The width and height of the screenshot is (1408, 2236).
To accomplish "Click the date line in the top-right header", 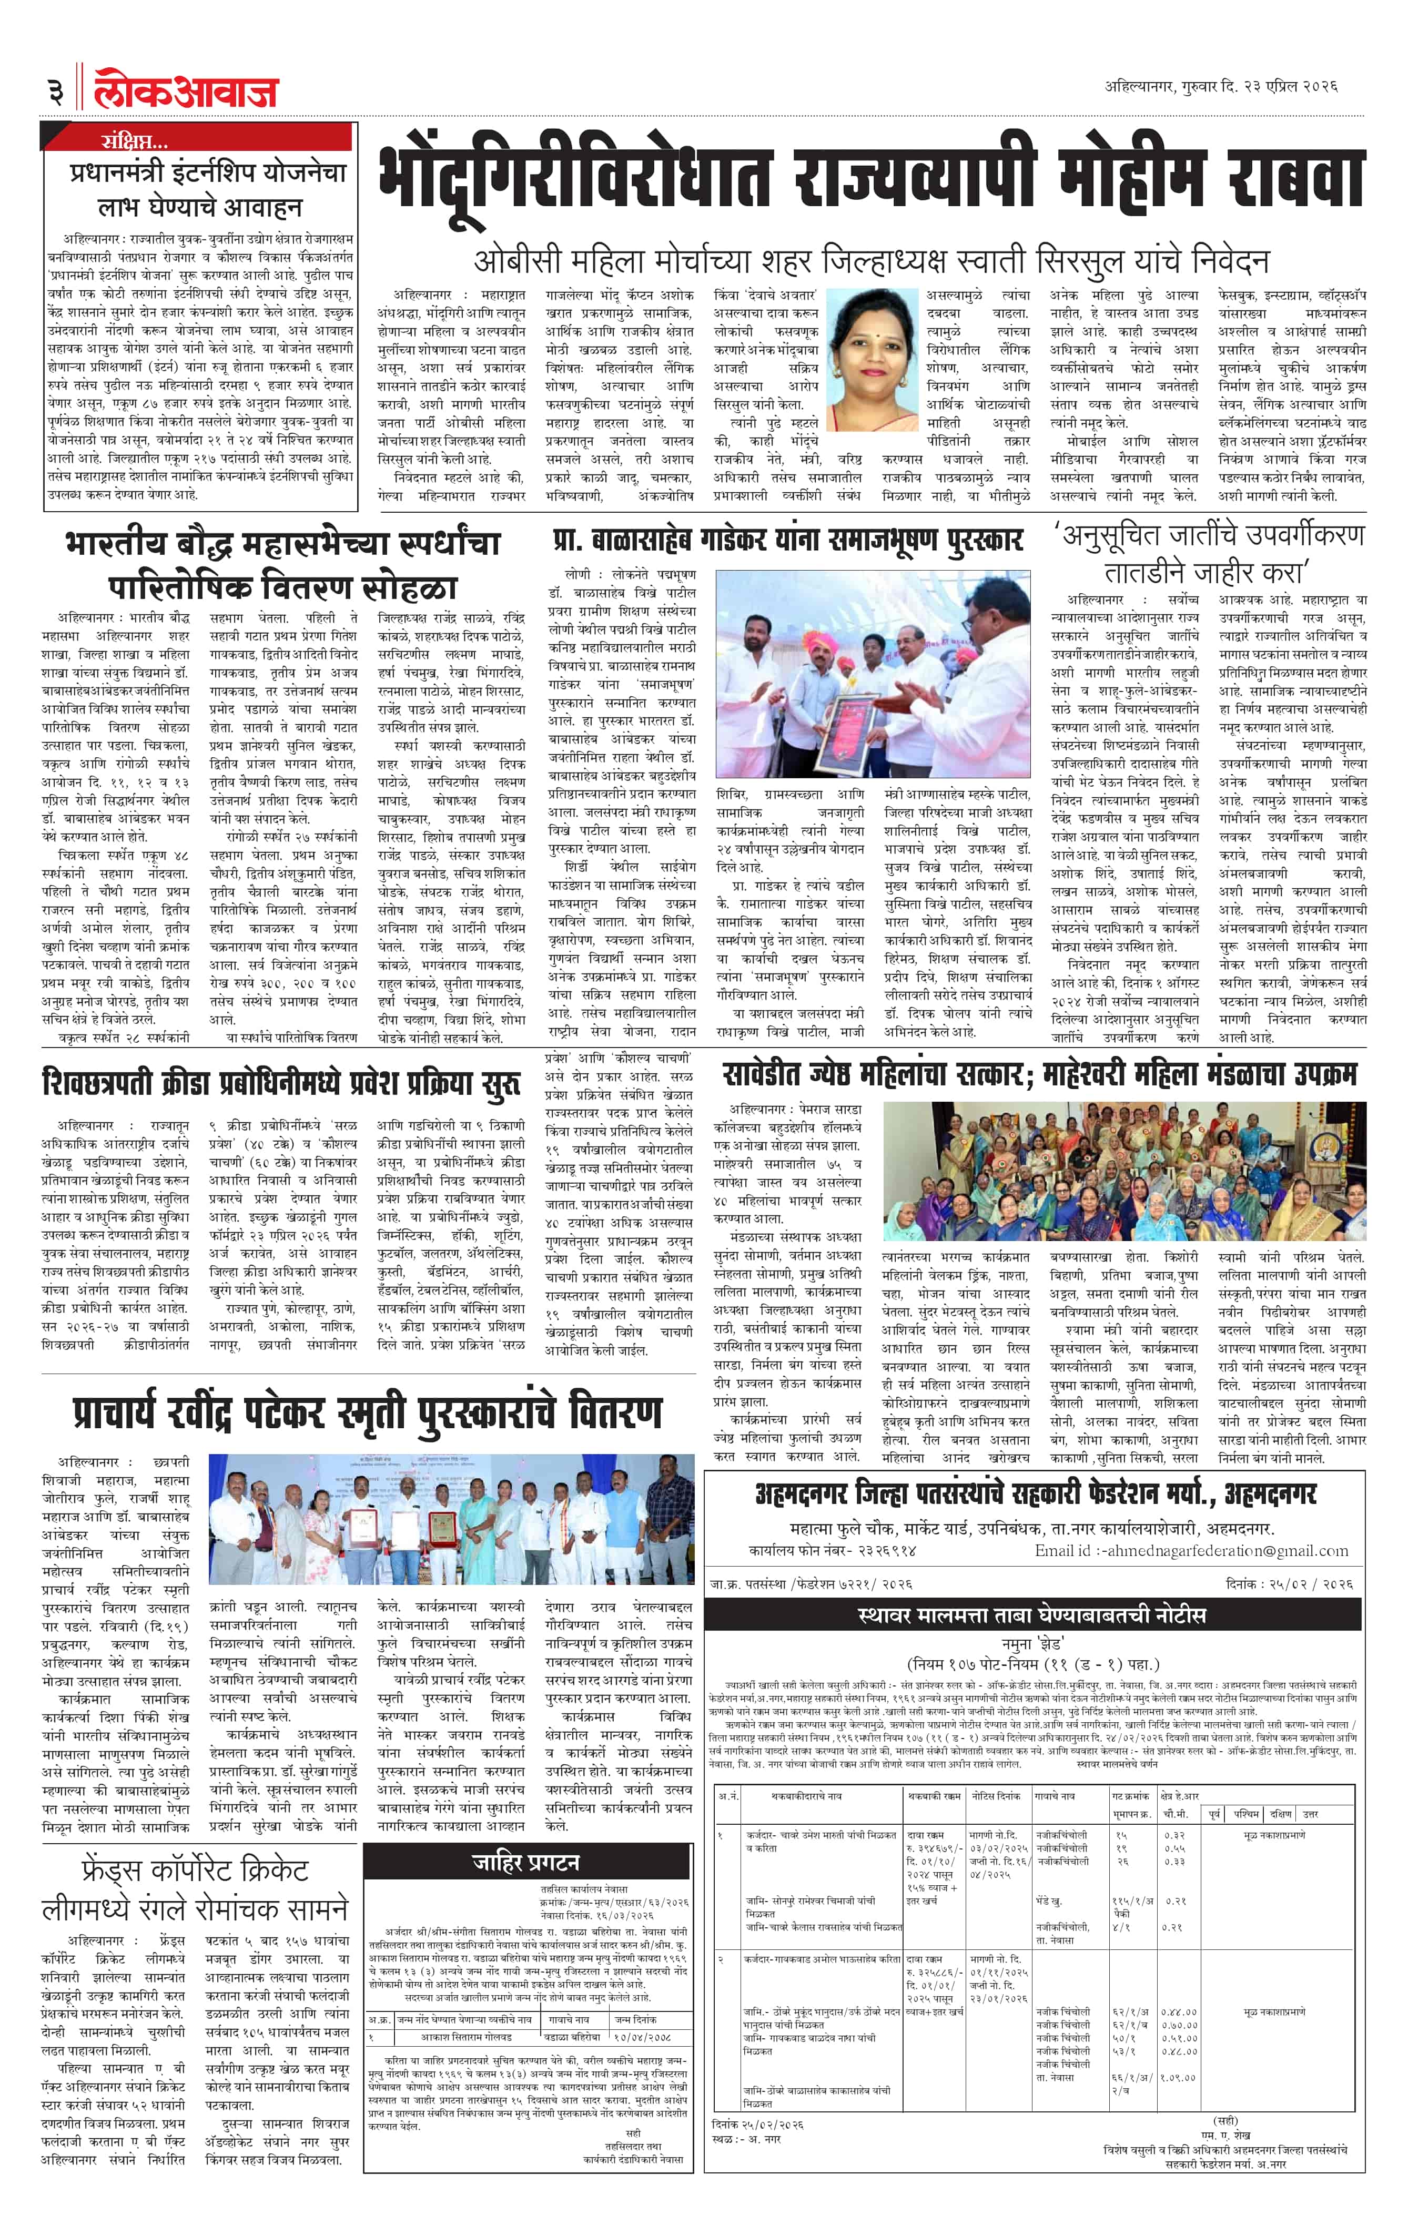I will [x=1220, y=86].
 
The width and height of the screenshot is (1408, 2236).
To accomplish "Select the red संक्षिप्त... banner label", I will [x=135, y=141].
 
